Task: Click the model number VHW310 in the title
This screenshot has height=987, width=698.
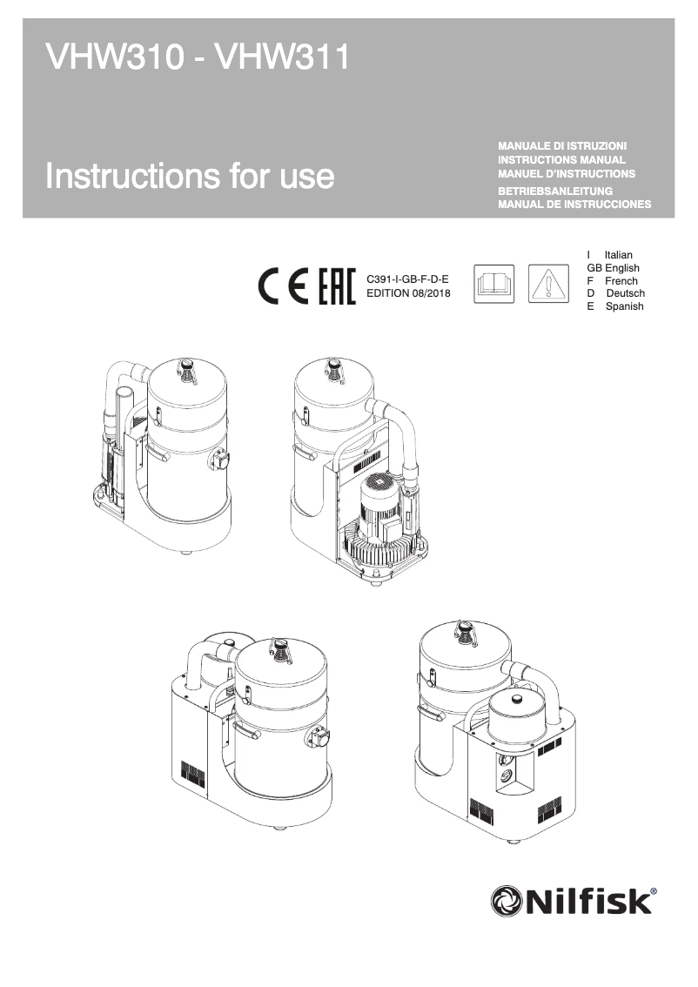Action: (x=111, y=59)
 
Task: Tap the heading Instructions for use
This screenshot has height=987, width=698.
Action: (x=190, y=176)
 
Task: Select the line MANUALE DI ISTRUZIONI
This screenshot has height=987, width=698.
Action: (x=562, y=145)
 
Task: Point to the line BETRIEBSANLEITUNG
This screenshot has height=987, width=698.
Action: (x=555, y=191)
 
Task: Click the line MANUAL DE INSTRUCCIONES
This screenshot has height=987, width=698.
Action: (x=574, y=205)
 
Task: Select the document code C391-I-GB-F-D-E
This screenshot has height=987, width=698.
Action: (x=408, y=279)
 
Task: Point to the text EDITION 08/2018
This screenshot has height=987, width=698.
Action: (x=408, y=292)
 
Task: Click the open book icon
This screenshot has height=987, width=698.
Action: (x=494, y=285)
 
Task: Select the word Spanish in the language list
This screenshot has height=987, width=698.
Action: (x=624, y=306)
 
